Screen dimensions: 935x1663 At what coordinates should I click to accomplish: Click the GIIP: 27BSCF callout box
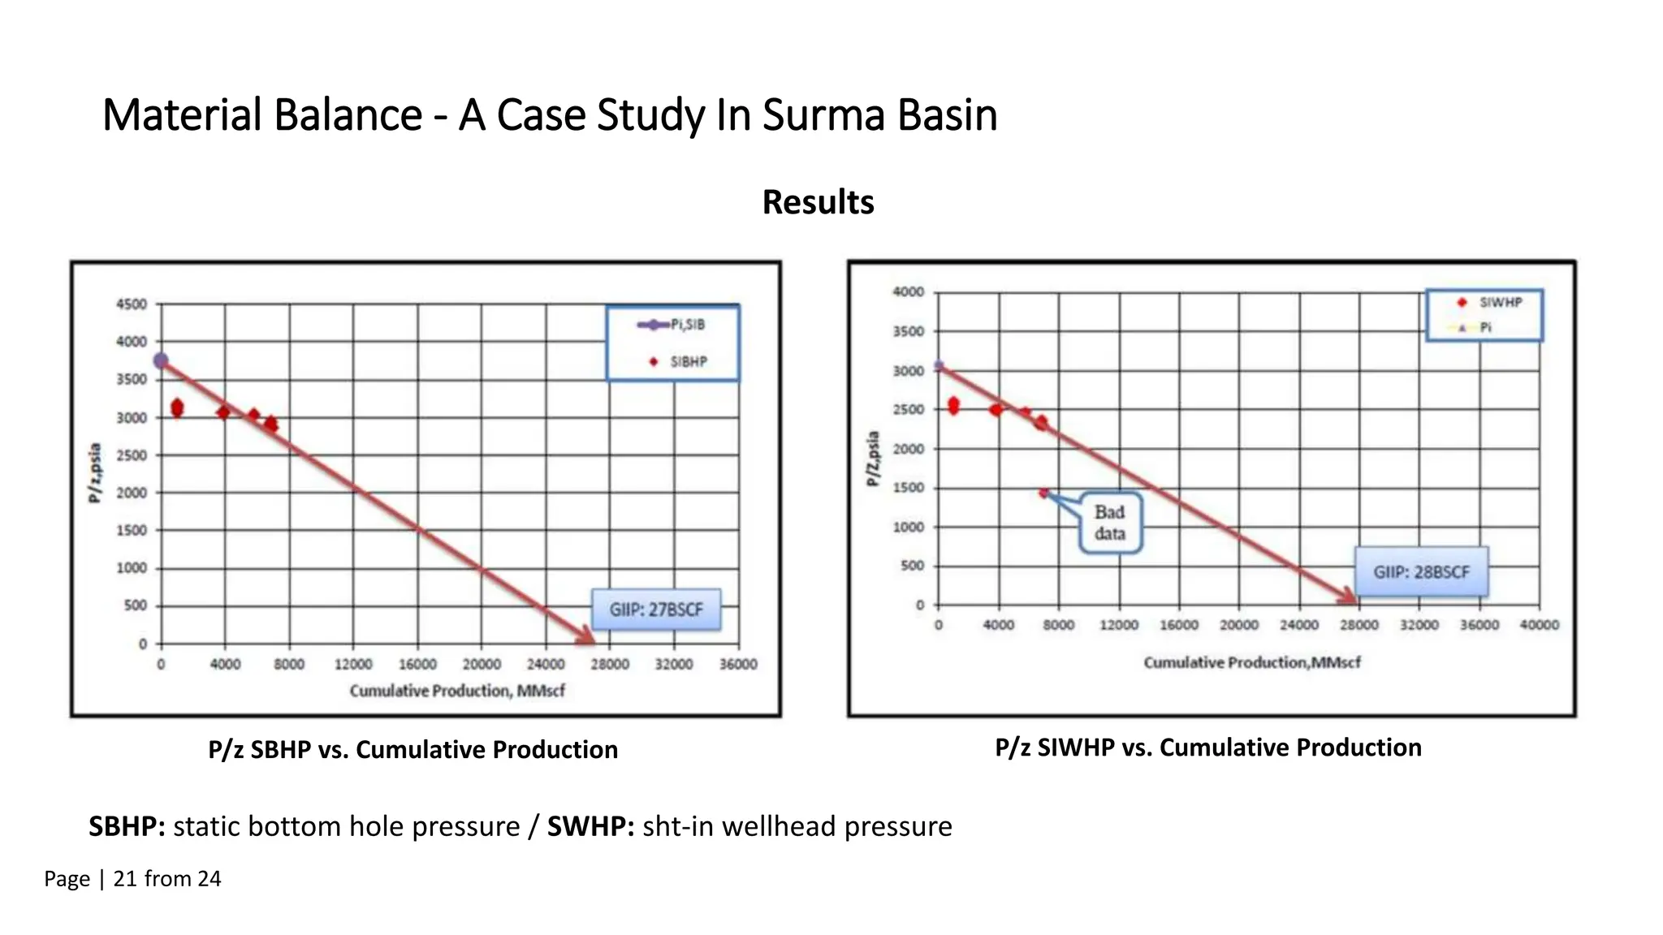(x=656, y=610)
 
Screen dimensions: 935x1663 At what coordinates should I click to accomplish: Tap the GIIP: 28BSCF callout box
(x=1421, y=572)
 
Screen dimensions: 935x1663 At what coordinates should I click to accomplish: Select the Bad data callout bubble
(x=1110, y=524)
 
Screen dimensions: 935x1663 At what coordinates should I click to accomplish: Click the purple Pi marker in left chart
(x=161, y=360)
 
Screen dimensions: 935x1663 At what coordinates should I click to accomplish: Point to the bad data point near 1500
(x=1043, y=493)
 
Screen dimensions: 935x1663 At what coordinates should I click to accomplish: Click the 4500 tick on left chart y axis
(x=132, y=304)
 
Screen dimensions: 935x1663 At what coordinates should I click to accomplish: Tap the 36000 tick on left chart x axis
(x=737, y=664)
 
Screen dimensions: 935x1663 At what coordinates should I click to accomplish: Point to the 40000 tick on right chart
(x=1539, y=625)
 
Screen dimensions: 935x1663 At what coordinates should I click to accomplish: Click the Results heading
(x=818, y=202)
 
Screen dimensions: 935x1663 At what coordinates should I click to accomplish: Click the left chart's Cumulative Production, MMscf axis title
(x=457, y=691)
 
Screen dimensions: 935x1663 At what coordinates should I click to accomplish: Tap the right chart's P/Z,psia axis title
(x=873, y=459)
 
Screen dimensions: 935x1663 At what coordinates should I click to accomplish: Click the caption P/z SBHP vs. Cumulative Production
(x=413, y=749)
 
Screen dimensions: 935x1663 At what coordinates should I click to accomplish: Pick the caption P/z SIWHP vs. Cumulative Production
(x=1207, y=748)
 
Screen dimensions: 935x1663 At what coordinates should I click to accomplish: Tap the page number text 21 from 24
(x=166, y=879)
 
